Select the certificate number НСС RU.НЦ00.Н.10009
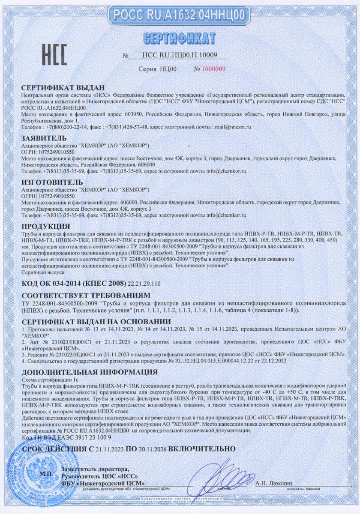pyautogui.click(x=179, y=55)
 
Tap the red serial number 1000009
pyautogui.click(x=213, y=69)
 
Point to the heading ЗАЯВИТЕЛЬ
pyautogui.click(x=44, y=138)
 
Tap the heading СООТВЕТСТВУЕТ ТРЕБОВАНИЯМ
pyautogui.click(x=86, y=295)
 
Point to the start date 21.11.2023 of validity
pyautogui.click(x=109, y=448)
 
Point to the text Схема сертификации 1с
pyautogui.click(x=47, y=380)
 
